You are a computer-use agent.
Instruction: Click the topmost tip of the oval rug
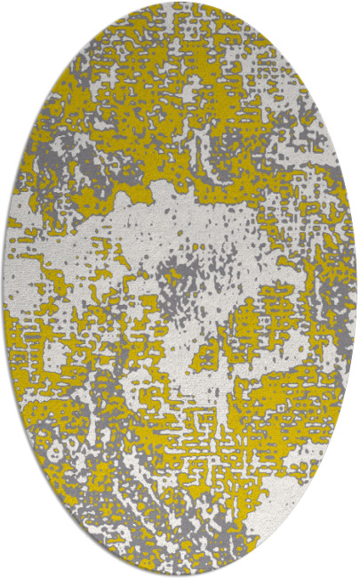[x=180, y=4]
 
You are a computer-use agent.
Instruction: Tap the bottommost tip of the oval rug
[x=180, y=574]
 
